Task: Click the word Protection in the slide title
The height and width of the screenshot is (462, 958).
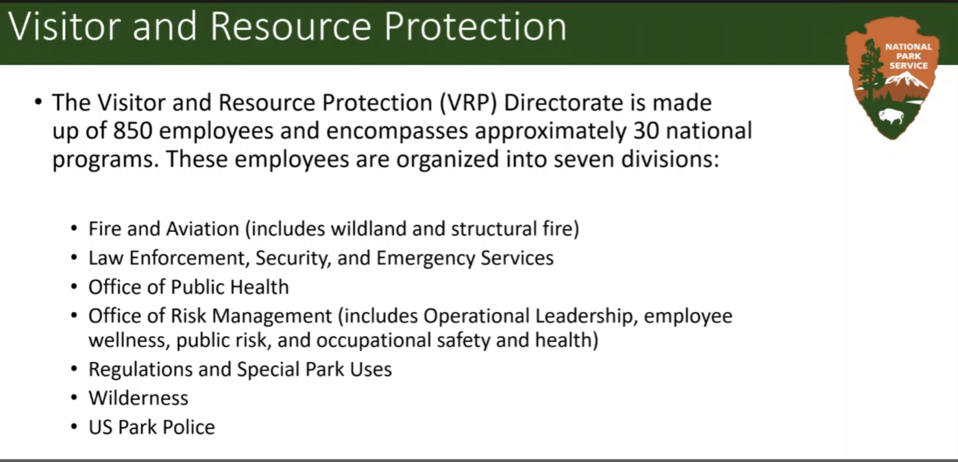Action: [x=475, y=27]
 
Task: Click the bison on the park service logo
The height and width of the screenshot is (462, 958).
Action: [x=892, y=116]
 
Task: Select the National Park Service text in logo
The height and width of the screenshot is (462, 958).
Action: [x=909, y=56]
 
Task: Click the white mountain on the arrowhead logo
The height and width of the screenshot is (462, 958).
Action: [x=906, y=83]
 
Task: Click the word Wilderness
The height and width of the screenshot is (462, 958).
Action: [x=138, y=398]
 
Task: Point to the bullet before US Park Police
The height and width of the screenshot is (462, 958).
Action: [x=75, y=427]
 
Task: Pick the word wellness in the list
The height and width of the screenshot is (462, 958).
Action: [x=128, y=340]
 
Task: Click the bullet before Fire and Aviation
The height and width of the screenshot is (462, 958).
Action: [x=75, y=229]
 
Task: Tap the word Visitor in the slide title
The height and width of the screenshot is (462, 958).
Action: [x=66, y=27]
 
